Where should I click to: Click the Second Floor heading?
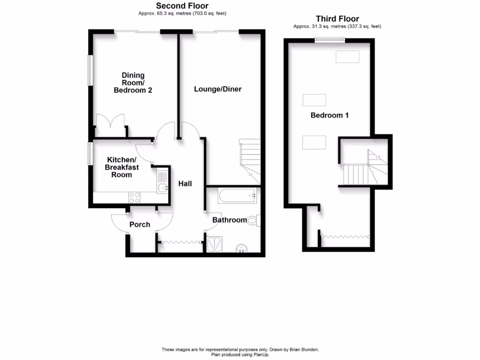pyautogui.click(x=182, y=6)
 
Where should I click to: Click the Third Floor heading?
pyautogui.click(x=337, y=19)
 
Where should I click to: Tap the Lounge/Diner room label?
pyautogui.click(x=218, y=89)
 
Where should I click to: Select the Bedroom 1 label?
pyautogui.click(x=330, y=115)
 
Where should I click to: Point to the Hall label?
pyautogui.click(x=185, y=184)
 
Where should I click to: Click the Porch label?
pyautogui.click(x=140, y=225)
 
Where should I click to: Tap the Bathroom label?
pyautogui.click(x=229, y=220)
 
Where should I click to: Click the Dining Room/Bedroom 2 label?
pyautogui.click(x=133, y=82)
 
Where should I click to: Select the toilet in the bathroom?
pyautogui.click(x=253, y=220)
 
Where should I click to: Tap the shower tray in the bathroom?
pyautogui.click(x=216, y=244)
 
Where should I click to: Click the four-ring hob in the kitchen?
pyautogui.click(x=134, y=198)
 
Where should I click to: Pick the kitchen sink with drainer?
pyautogui.click(x=163, y=182)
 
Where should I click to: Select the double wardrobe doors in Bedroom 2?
pyautogui.click(x=111, y=126)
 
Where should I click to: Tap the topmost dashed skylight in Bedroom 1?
pyautogui.click(x=347, y=57)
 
